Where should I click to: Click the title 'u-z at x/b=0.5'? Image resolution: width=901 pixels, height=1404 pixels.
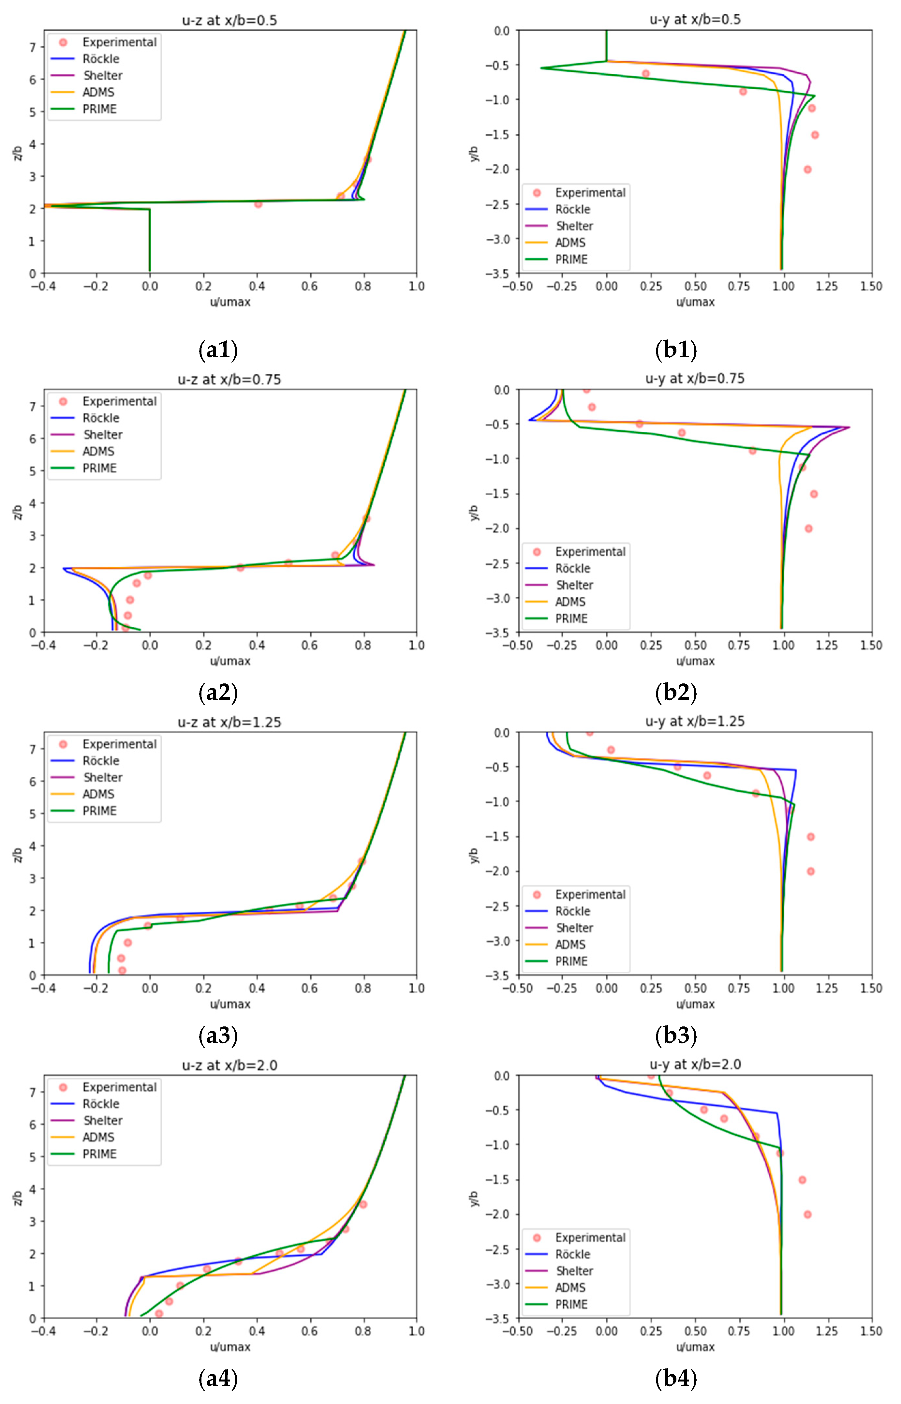click(x=229, y=21)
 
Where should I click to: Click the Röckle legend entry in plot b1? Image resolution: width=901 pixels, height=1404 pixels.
click(x=572, y=210)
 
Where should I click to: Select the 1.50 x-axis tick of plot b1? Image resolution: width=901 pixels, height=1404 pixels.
click(x=871, y=286)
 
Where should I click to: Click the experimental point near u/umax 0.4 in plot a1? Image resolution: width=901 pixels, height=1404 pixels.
click(x=258, y=204)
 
